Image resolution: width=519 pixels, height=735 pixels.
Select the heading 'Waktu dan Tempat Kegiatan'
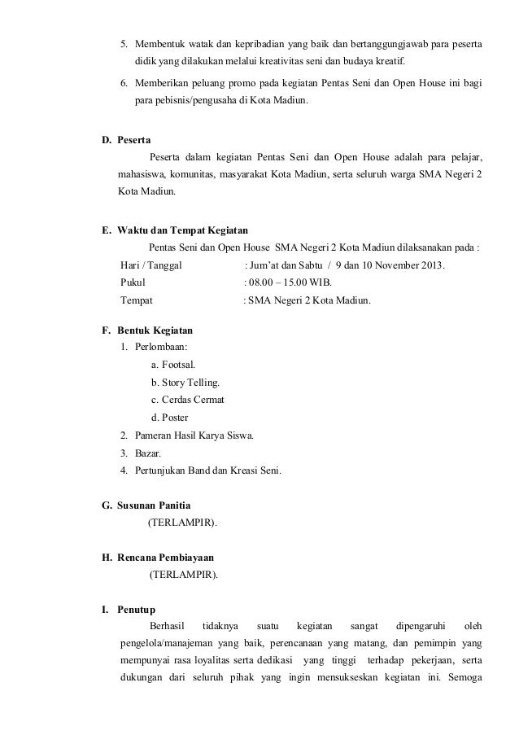182,231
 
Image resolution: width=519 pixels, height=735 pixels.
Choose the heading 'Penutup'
137,610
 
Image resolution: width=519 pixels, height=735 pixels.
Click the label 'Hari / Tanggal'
151,265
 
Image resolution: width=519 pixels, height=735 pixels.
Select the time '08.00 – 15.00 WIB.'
290,283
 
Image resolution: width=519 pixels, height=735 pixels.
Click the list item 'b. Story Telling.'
185,383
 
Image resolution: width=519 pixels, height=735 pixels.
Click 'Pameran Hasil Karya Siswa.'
194,435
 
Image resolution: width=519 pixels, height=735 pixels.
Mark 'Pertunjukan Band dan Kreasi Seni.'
208,470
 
